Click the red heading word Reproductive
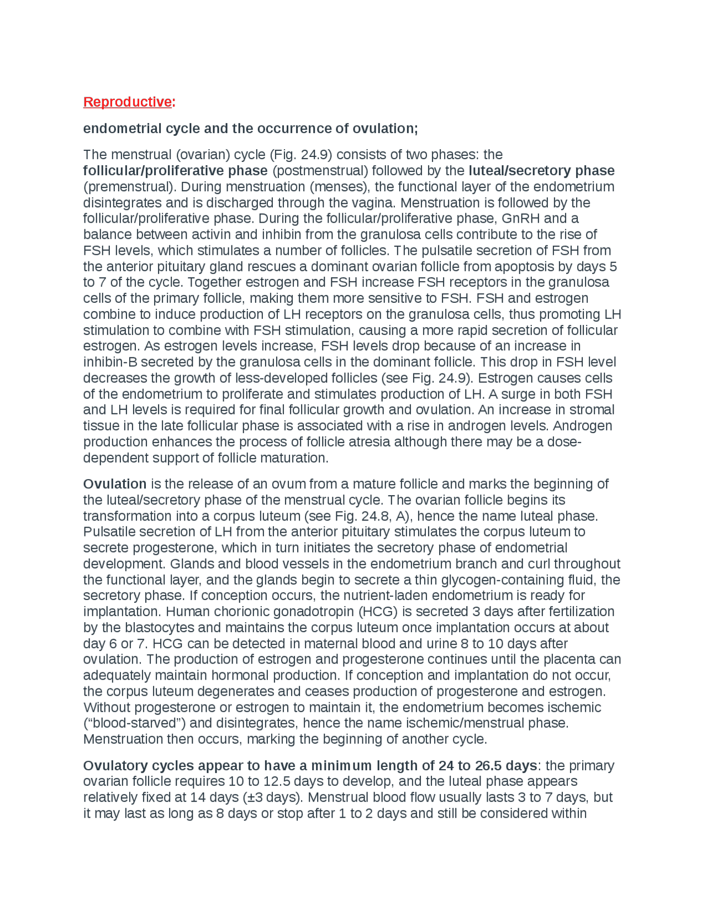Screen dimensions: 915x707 (x=127, y=102)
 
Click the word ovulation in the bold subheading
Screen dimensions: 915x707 (x=384, y=129)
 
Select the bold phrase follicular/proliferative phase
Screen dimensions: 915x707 (x=175, y=171)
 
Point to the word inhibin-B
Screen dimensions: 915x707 (x=110, y=362)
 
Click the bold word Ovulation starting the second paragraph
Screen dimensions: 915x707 (x=114, y=485)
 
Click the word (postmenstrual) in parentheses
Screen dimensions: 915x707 (x=314, y=171)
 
